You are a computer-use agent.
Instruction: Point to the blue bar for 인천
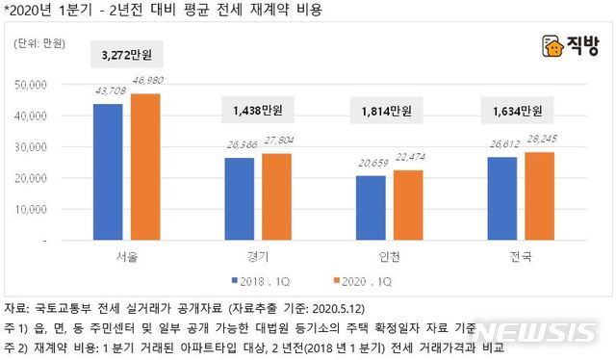coord(371,209)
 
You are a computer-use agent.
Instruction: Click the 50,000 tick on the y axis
coord(47,84)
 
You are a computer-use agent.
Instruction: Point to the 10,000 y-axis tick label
coord(47,210)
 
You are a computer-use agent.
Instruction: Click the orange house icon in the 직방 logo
coord(552,46)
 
